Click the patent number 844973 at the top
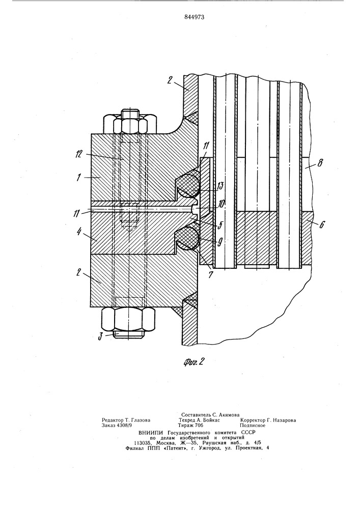(x=180, y=17)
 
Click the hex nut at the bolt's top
(x=130, y=123)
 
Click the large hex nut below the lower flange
(x=130, y=320)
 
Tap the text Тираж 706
(x=190, y=426)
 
